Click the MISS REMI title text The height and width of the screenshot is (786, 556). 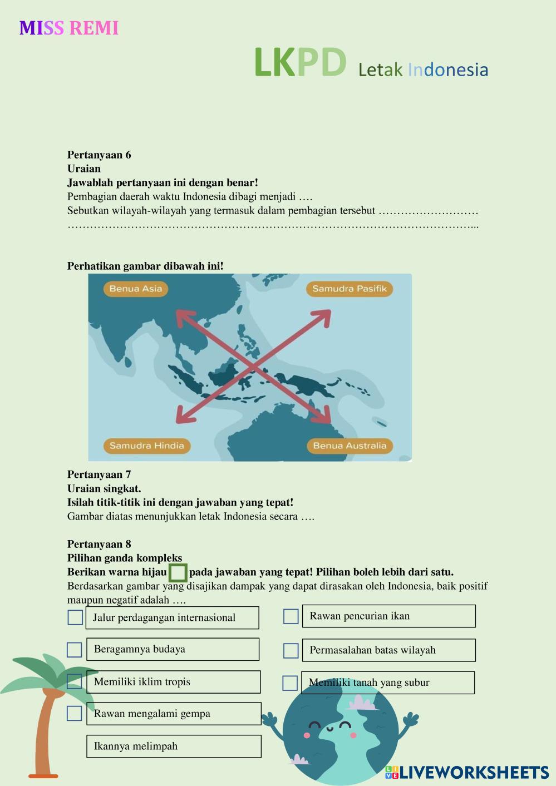click(x=69, y=28)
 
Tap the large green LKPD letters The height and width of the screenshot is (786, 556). click(x=300, y=62)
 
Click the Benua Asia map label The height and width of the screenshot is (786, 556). click(x=135, y=289)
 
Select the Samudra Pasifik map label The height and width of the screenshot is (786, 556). click(x=349, y=289)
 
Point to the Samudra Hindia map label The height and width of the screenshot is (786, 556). click(x=146, y=446)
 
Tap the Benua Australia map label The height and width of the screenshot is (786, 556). click(x=349, y=446)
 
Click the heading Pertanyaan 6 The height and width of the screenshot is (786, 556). click(x=99, y=155)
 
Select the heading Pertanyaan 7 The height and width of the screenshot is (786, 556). click(x=99, y=474)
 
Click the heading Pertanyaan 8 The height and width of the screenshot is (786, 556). click(x=99, y=544)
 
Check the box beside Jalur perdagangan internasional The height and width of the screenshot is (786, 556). click(x=75, y=617)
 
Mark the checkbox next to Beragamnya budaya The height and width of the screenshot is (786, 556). click(x=75, y=650)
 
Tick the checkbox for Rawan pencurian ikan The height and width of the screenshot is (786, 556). click(x=291, y=616)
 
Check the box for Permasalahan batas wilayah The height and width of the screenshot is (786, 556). click(x=291, y=650)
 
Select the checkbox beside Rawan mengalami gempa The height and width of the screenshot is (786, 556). click(x=75, y=713)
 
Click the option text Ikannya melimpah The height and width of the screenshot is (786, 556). click(x=136, y=747)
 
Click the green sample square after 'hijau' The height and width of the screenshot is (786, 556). click(x=178, y=573)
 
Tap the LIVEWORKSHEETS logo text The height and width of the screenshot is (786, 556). click(x=473, y=773)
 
